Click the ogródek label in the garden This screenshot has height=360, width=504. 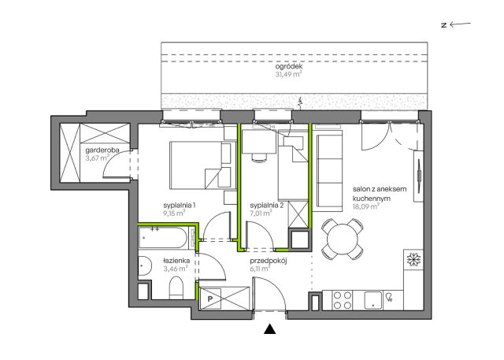289,67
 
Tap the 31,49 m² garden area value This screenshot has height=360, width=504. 288,75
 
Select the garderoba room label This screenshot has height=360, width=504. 102,150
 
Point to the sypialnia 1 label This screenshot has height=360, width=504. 180,205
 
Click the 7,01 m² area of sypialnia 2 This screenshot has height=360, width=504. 261,213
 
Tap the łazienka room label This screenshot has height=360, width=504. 176,261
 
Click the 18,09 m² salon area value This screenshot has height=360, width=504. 365,206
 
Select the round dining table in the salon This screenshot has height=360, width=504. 343,239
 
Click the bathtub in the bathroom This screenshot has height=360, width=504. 163,238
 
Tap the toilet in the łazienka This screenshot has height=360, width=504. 176,287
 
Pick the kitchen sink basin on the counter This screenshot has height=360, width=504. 372,300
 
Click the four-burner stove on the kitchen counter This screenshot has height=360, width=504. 343,300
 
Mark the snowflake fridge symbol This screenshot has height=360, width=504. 413,259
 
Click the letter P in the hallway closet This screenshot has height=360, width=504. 210,299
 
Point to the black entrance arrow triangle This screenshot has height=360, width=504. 270,329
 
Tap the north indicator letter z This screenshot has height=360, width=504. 444,25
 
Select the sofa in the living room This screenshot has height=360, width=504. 329,173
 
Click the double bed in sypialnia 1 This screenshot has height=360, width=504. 203,165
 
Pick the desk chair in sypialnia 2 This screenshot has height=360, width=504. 259,158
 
